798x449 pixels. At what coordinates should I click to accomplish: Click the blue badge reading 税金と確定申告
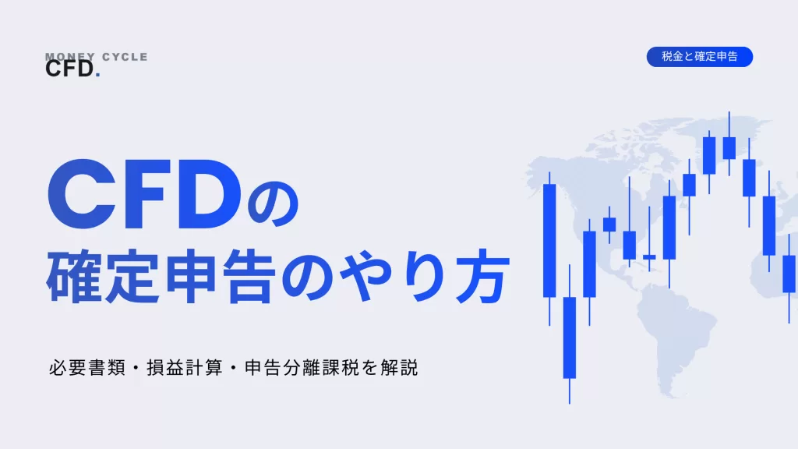(699, 56)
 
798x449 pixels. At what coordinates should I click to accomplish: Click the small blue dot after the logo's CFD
(97, 76)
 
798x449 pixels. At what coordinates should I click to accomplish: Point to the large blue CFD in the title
(144, 194)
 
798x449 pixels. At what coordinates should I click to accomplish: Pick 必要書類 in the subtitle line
(87, 368)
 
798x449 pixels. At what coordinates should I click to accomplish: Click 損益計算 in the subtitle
(185, 368)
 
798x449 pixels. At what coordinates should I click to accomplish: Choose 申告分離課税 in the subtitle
(302, 368)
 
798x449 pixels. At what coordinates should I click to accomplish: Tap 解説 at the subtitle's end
(399, 368)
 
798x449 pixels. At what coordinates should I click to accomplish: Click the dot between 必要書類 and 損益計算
(136, 368)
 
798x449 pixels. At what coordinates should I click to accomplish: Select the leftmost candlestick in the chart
(549, 249)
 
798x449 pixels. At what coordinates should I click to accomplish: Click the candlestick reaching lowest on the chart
(570, 334)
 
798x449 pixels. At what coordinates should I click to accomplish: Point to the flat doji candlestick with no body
(649, 239)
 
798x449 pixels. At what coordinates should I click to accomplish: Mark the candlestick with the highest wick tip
(729, 144)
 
